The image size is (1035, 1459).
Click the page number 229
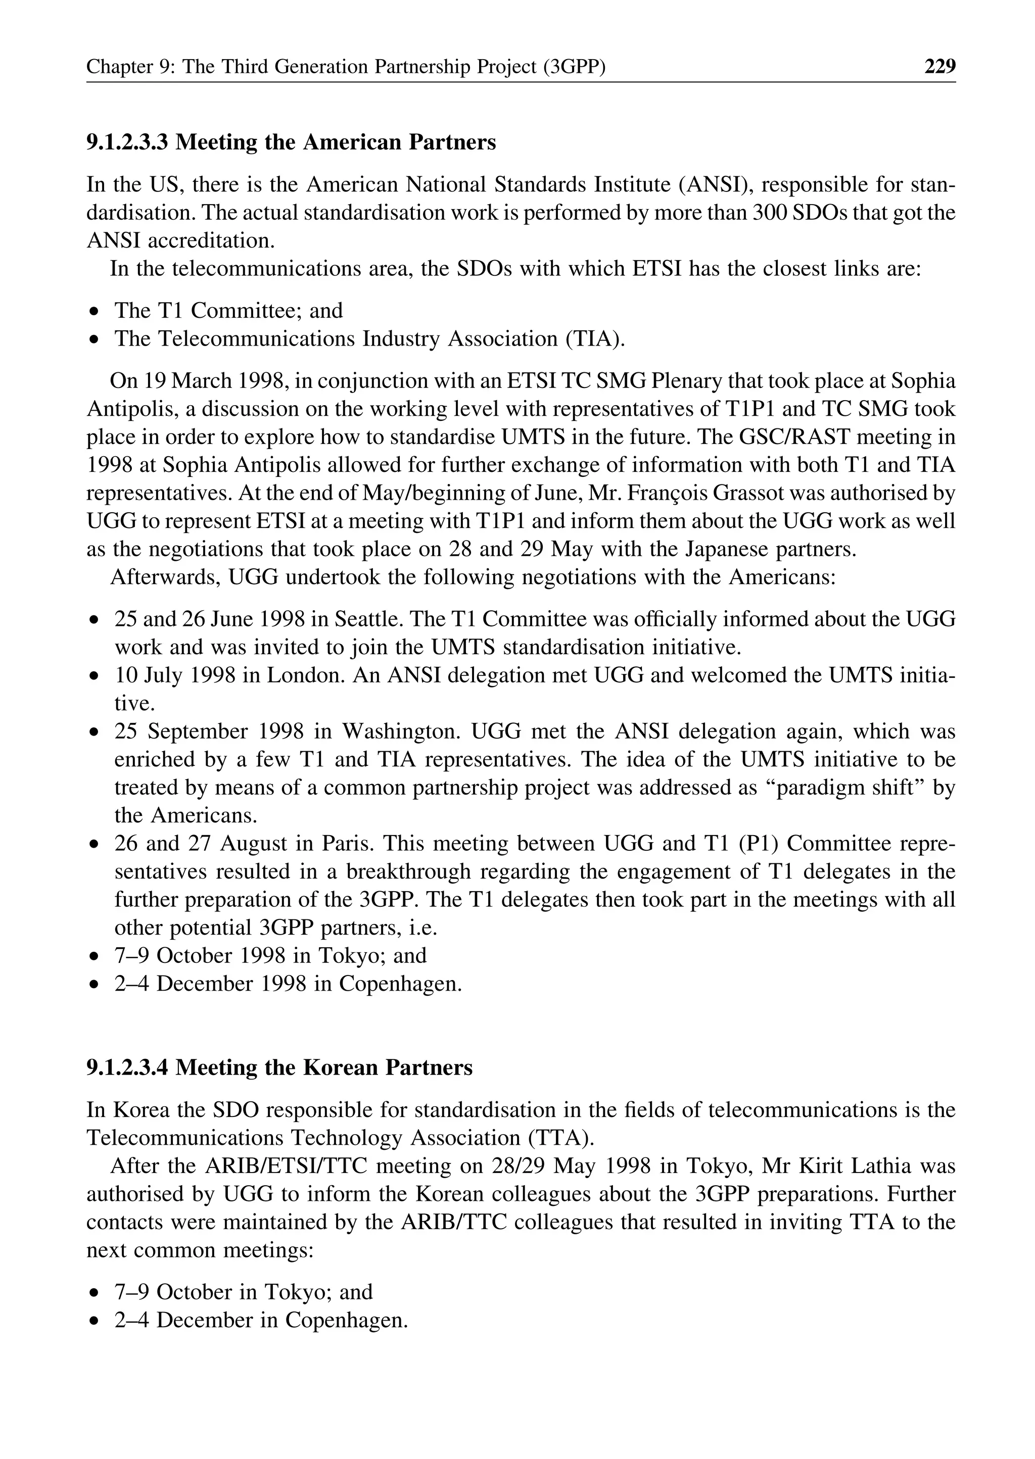click(x=939, y=66)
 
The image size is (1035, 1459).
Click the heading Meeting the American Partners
click(x=291, y=142)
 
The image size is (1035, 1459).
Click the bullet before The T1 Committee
click(x=95, y=312)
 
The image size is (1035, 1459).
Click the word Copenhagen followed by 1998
click(x=400, y=984)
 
